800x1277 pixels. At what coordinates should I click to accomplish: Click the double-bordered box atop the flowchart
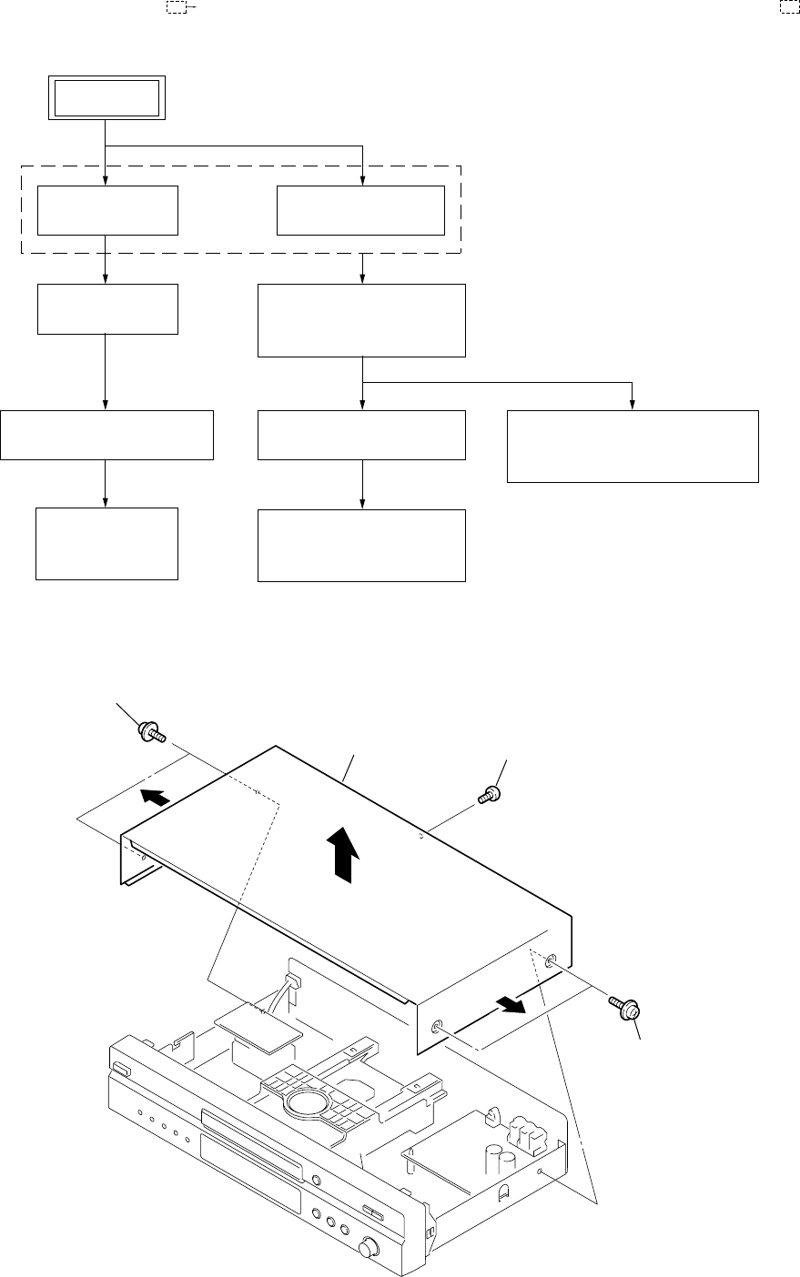106,98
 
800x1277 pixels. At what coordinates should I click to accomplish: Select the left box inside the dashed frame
106,210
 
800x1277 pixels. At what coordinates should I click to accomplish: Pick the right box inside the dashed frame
362,210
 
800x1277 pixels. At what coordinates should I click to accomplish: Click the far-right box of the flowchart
632,446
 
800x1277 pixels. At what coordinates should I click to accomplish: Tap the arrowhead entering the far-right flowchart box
632,405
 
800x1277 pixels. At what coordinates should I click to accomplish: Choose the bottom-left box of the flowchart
106,543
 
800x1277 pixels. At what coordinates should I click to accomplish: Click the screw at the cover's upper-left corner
150,730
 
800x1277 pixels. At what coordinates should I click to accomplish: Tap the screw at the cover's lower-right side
628,1006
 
